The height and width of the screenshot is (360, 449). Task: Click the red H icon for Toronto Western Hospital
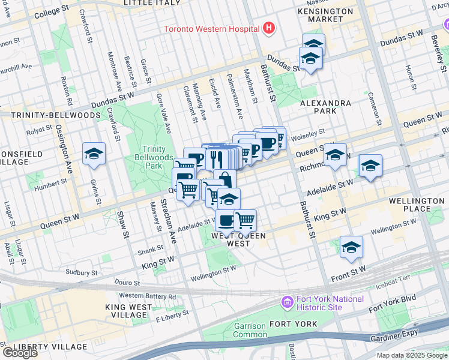[x=268, y=28]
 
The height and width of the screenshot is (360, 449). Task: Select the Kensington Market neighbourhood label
[x=327, y=15]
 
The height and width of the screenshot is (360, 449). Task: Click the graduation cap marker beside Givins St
[x=94, y=154]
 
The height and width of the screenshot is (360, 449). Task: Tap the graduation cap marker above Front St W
[x=351, y=247]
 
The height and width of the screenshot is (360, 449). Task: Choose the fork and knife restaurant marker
[x=216, y=159]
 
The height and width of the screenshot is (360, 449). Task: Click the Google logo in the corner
[x=19, y=353]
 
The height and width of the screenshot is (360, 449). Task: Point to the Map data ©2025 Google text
[x=411, y=355]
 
